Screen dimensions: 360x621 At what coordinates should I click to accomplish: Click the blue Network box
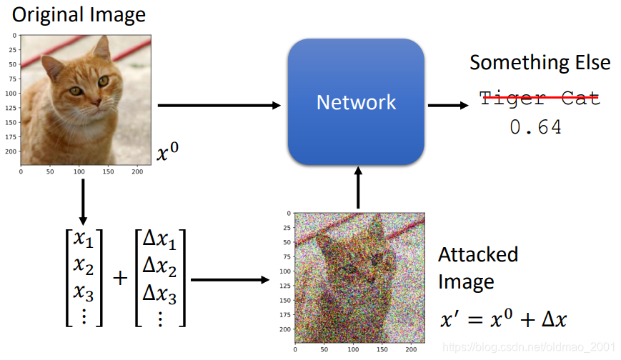pyautogui.click(x=357, y=101)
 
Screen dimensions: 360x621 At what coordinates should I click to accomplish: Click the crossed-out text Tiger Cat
pyautogui.click(x=539, y=99)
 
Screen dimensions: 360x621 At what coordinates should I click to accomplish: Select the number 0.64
pyautogui.click(x=535, y=128)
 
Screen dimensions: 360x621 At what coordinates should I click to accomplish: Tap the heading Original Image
pyautogui.click(x=79, y=14)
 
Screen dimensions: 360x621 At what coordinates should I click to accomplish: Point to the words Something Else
pyautogui.click(x=540, y=62)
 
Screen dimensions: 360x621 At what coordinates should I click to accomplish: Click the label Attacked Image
pyautogui.click(x=477, y=268)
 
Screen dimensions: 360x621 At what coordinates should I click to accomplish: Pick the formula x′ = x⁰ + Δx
pyautogui.click(x=503, y=319)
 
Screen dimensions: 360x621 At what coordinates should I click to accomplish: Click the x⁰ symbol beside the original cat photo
pyautogui.click(x=167, y=151)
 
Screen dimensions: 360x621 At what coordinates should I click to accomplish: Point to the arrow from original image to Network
pyautogui.click(x=218, y=106)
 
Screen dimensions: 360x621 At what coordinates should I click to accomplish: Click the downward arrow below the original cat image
pyautogui.click(x=83, y=201)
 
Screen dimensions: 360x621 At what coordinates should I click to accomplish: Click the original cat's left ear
pyautogui.click(x=101, y=49)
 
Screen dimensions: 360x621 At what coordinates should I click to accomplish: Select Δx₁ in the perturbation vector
pyautogui.click(x=159, y=241)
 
